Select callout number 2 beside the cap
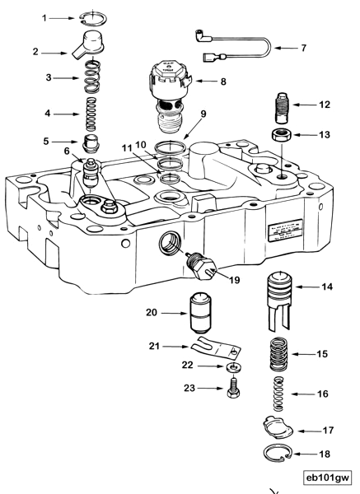[36, 52]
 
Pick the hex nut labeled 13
[281, 134]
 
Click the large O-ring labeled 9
[169, 149]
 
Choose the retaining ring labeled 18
[283, 454]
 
